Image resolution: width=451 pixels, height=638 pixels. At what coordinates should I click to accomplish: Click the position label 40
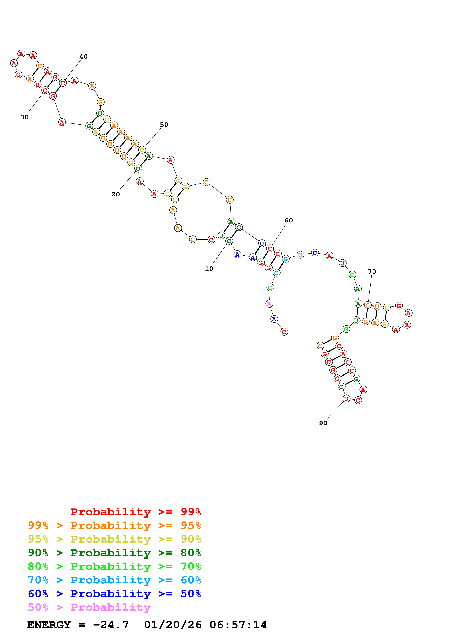tap(83, 56)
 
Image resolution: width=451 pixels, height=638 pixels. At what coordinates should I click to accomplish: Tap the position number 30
tap(24, 117)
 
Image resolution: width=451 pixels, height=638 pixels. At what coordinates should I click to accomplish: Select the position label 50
tap(164, 125)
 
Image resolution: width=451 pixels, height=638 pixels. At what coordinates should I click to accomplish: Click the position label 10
tap(209, 269)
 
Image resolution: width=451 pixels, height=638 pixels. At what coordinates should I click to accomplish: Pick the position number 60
tap(289, 220)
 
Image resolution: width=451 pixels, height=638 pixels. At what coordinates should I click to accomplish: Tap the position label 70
tap(372, 272)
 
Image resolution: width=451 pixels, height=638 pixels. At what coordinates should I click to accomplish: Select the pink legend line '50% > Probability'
tap(89, 607)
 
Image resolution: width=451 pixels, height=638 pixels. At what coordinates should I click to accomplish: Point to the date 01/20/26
tap(173, 625)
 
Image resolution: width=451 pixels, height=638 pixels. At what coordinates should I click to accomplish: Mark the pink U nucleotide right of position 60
tap(300, 255)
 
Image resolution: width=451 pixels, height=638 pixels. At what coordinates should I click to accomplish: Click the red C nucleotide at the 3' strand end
tap(284, 332)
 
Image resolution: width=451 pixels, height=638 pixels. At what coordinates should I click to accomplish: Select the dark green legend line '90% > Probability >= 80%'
tap(114, 553)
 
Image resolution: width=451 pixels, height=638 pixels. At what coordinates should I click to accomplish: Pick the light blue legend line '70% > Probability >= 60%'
tap(114, 580)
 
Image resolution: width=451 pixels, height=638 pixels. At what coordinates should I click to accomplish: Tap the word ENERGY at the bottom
tap(49, 625)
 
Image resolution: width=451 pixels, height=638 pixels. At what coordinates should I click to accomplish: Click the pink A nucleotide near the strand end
tap(269, 304)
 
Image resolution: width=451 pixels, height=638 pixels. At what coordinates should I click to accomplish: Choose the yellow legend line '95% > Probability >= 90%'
tap(114, 539)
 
